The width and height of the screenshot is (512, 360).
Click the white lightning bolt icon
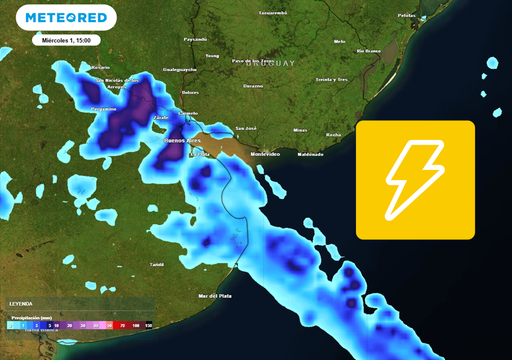(x=415, y=180)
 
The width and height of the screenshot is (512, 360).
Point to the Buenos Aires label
(x=182, y=143)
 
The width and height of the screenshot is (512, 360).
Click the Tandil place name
(x=156, y=264)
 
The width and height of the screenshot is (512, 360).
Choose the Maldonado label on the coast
(x=310, y=154)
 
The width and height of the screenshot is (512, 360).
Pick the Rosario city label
(x=100, y=67)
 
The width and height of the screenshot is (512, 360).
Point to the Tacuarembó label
(x=273, y=13)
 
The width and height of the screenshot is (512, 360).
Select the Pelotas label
(x=406, y=16)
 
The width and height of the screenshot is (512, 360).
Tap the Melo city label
(x=339, y=42)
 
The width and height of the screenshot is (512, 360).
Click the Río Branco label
(x=371, y=50)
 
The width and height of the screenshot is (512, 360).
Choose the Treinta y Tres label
(x=331, y=78)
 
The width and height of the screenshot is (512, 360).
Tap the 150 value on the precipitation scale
(x=148, y=326)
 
